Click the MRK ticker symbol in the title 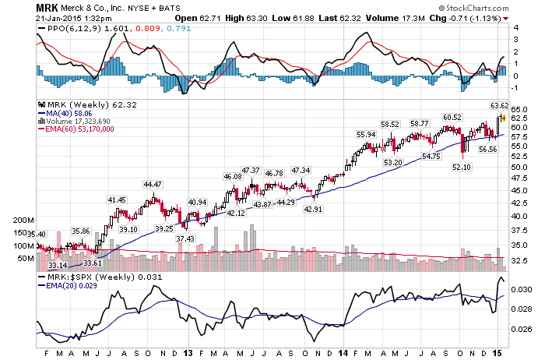click(47, 8)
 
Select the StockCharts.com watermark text click(473, 8)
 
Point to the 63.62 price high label click(500, 105)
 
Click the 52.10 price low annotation click(462, 167)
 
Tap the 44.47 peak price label click(153, 185)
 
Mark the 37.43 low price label click(185, 238)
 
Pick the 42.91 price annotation click(313, 209)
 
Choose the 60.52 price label click(452, 117)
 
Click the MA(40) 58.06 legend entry click(65, 114)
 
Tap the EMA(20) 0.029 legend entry click(68, 285)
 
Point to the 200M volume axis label click(23, 220)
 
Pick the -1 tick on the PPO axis click(515, 87)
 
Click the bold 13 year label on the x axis click(188, 354)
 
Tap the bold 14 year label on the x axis click(343, 354)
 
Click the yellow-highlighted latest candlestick click(504, 118)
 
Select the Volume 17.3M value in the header click(396, 18)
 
